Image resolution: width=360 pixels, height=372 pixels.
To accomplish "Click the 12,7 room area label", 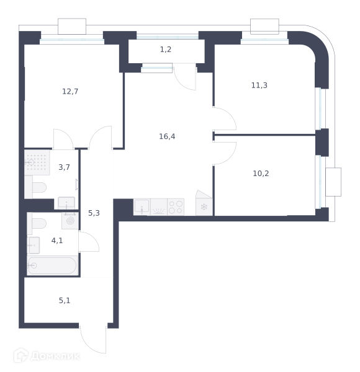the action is (70, 91).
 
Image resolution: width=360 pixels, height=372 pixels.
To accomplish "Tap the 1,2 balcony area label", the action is (166, 50).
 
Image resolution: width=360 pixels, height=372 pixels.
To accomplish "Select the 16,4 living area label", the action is (167, 136).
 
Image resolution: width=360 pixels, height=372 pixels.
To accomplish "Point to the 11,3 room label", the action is (259, 85).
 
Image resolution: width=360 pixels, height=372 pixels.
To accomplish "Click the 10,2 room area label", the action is (261, 174).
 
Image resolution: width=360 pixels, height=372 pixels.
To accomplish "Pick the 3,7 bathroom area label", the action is (64, 167).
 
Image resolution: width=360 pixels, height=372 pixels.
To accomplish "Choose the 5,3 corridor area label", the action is (94, 213).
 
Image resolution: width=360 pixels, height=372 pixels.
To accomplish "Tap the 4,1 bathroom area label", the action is (57, 241).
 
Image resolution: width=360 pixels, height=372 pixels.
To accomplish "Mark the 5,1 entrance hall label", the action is (65, 301).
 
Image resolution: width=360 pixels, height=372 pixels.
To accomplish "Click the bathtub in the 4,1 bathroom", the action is (53, 265).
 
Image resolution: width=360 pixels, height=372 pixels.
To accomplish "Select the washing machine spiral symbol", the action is (70, 221).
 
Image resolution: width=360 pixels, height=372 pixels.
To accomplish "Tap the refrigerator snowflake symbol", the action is (204, 207).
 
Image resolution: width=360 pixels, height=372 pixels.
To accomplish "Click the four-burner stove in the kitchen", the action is (176, 207).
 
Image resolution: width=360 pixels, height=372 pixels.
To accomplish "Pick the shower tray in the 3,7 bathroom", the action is (37, 162).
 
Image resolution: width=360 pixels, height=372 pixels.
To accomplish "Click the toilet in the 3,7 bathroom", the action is (35, 187).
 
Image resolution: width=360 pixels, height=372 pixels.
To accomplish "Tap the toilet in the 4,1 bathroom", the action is (37, 223).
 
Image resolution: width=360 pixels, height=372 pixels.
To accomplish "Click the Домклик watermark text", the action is (55, 356).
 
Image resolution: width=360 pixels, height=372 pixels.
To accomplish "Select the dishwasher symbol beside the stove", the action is (159, 207).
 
